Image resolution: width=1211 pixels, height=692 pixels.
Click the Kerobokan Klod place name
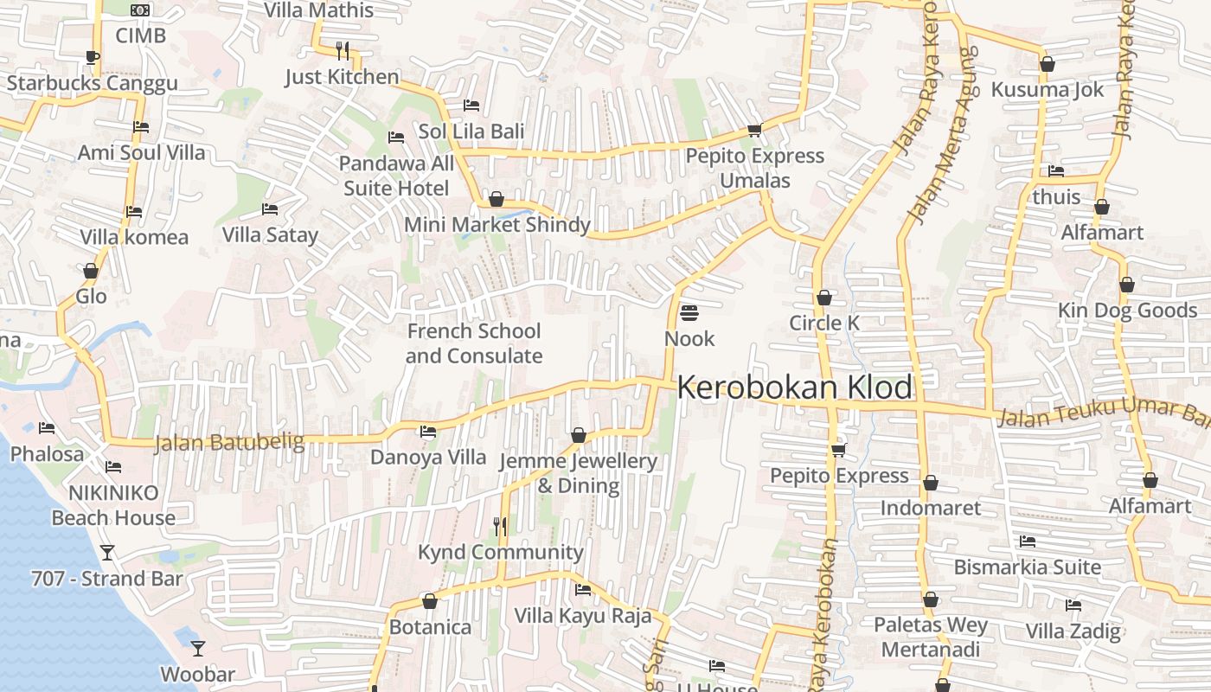pyautogui.click(x=794, y=388)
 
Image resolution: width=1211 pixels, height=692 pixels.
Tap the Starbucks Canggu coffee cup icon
pyautogui.click(x=92, y=58)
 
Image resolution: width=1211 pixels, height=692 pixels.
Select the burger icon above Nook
pyautogui.click(x=689, y=312)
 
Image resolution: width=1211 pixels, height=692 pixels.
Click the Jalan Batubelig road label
pyautogui.click(x=229, y=443)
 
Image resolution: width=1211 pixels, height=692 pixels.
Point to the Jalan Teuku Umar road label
pyautogui.click(x=1103, y=413)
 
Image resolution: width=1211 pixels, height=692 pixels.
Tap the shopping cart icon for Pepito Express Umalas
pyautogui.click(x=754, y=131)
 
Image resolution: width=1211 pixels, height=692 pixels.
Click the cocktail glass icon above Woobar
pyautogui.click(x=198, y=648)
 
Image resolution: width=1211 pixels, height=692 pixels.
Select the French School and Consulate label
pyautogui.click(x=474, y=343)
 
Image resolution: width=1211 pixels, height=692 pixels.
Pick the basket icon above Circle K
pyautogui.click(x=824, y=298)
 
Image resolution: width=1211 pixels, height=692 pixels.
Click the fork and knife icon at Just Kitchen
pyautogui.click(x=343, y=51)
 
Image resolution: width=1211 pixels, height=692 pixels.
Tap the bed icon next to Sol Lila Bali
pyautogui.click(x=471, y=106)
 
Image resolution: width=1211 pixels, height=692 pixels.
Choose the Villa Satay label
pyautogui.click(x=270, y=234)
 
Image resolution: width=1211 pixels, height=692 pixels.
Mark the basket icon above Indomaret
pyautogui.click(x=931, y=483)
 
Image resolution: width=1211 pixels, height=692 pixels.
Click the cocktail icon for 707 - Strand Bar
pyautogui.click(x=107, y=553)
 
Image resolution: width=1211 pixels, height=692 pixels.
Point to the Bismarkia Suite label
pyautogui.click(x=1028, y=567)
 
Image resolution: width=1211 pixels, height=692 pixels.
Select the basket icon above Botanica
pyautogui.click(x=430, y=601)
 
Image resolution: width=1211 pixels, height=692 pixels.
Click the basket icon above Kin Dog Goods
pyautogui.click(x=1126, y=285)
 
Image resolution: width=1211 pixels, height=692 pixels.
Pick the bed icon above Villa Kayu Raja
pyautogui.click(x=583, y=590)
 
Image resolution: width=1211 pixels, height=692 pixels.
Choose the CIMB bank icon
pyautogui.click(x=140, y=10)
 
